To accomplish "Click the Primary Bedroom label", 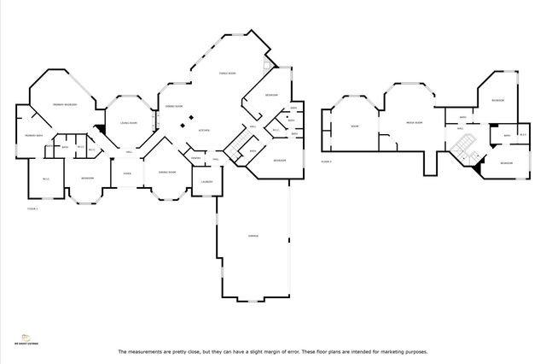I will (66, 103).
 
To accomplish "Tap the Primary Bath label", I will (34, 137).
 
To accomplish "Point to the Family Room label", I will (227, 73).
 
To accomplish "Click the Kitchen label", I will (205, 130).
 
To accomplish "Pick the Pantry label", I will (195, 158).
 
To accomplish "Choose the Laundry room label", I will (206, 181).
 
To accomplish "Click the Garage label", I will (253, 236).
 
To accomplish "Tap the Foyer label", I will (126, 173).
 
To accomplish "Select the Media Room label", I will (415, 121).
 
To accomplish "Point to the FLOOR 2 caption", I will (326, 160).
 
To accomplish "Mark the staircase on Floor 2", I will (465, 146).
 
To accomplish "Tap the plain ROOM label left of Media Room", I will (354, 126).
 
